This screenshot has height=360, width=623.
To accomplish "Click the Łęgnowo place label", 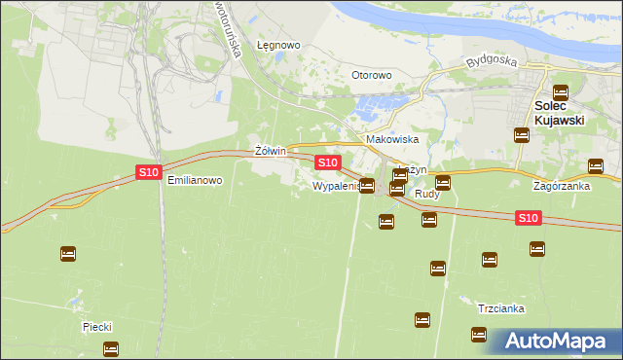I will (277, 45).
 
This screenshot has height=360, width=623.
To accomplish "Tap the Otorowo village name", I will (371, 75).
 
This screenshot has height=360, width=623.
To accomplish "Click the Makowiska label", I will (391, 139).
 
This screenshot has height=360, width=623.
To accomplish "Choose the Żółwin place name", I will (269, 152).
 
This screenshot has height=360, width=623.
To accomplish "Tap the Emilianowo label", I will (195, 180).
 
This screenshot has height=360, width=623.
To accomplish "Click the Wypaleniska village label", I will (337, 185).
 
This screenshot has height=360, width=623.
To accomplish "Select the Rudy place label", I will (427, 195).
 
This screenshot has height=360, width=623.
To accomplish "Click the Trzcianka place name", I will (501, 308).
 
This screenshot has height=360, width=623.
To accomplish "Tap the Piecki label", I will (100, 328).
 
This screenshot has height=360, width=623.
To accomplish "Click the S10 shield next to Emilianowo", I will (147, 172).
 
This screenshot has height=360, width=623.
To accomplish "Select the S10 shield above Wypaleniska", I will (327, 162).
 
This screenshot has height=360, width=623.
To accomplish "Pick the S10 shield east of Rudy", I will (528, 219).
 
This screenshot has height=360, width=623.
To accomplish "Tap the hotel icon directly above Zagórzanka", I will (595, 166).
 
